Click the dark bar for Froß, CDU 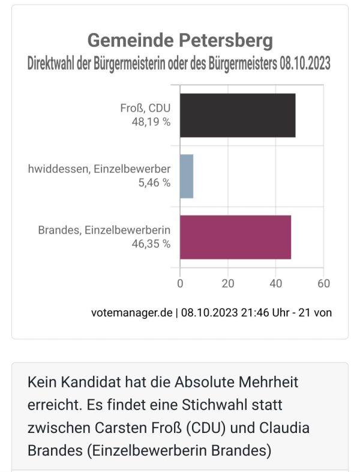tap(238, 115)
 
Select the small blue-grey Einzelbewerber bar tap(187, 177)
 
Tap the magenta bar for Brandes tap(235, 237)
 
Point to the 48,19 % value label tap(151, 122)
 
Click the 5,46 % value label tap(154, 183)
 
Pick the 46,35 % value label tap(151, 244)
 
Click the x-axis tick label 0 tap(180, 283)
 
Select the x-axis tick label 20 tap(227, 283)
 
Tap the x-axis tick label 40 tap(276, 283)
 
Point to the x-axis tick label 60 tap(323, 283)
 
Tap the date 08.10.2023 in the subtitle tap(305, 64)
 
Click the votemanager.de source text tap(132, 312)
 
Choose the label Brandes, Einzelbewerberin tap(104, 230)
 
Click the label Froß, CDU tap(145, 108)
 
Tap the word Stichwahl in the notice tap(215, 405)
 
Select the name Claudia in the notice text tap(284, 428)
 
